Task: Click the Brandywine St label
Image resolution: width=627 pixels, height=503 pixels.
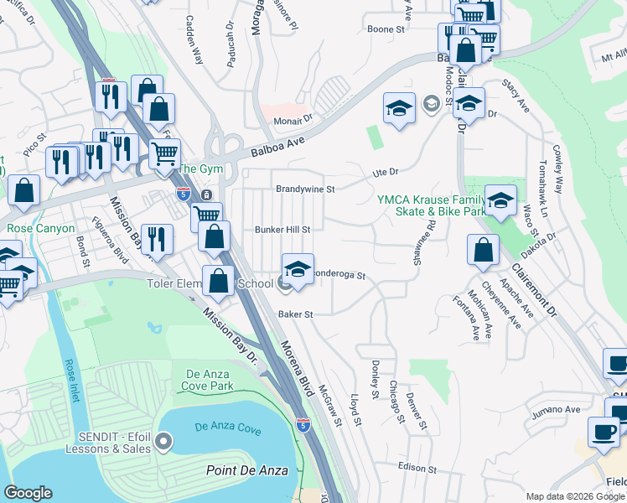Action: [x=306, y=189]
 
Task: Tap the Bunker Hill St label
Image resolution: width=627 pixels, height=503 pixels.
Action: [x=283, y=229]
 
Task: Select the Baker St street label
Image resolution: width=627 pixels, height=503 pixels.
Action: [x=296, y=314]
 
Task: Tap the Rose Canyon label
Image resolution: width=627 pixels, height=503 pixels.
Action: [x=40, y=228]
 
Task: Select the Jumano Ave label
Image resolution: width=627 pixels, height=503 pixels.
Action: [x=561, y=410]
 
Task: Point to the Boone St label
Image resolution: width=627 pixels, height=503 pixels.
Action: [x=386, y=29]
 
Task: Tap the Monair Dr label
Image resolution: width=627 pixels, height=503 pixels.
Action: [x=293, y=120]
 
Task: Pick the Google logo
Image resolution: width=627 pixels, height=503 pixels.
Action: [x=28, y=493]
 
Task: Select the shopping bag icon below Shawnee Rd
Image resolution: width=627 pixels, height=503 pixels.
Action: [x=483, y=250]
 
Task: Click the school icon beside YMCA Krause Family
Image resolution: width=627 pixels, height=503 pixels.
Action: [x=500, y=202]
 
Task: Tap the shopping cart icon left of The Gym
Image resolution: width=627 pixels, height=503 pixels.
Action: [x=164, y=153]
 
